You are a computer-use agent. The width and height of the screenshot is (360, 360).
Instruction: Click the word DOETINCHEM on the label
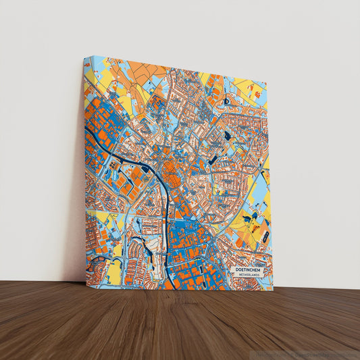pos(248,269)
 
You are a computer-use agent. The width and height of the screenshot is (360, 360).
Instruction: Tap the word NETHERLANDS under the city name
pos(248,276)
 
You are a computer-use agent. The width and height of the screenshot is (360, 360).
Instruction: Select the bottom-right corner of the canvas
pos(273,290)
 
